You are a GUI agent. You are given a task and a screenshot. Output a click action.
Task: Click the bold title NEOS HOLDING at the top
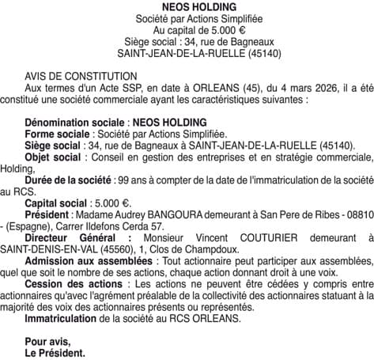pyautogui.click(x=187, y=6)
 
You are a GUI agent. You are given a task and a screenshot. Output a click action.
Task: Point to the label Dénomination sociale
pyautogui.click(x=74, y=123)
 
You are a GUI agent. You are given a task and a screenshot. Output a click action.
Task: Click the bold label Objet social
pyautogui.click(x=58, y=157)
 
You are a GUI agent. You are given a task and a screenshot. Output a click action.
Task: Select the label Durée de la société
pyautogui.click(x=77, y=180)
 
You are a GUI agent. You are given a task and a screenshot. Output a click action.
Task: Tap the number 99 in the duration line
pyautogui.click(x=145, y=180)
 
